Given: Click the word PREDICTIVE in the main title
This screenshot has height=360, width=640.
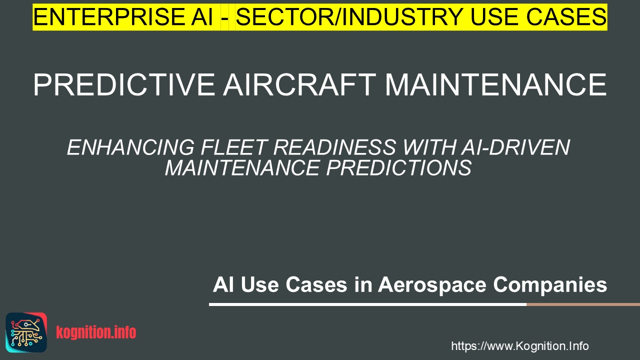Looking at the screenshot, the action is [124, 85].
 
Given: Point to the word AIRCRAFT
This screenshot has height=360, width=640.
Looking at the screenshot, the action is [299, 85].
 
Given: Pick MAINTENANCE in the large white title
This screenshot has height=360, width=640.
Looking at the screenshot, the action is [495, 85].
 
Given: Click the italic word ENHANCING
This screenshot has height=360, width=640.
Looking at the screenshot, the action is [131, 147].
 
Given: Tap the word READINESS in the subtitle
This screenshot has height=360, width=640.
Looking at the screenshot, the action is [334, 147].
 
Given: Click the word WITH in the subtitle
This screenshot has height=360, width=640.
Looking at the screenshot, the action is [428, 147].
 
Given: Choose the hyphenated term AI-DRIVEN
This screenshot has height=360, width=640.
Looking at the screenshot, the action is [515, 147].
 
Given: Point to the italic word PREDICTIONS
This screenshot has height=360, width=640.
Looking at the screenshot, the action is [399, 167].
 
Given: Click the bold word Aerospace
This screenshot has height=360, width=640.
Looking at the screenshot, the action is [432, 285].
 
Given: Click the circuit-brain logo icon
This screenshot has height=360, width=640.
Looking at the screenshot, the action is [26, 332].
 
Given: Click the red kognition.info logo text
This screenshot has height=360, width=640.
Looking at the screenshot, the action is [96, 332].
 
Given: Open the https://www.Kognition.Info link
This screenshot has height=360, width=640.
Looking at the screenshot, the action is [520, 346].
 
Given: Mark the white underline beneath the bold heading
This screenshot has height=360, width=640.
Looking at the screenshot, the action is [367, 304].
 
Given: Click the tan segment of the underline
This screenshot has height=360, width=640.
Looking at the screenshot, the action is [583, 304].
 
